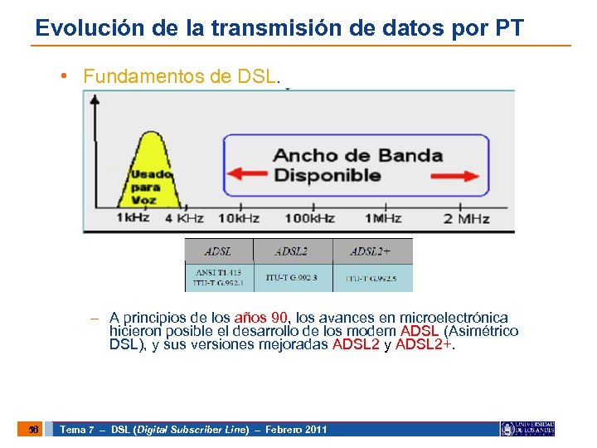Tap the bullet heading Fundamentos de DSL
pos(182,77)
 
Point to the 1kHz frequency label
pos(133,218)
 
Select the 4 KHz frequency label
pos(184,218)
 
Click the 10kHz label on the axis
pos(239,218)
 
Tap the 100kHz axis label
pos(308,218)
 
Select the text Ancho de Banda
pos(357,155)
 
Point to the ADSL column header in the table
pos(218,251)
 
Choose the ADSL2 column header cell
pos(292,251)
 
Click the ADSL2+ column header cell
pos(371,251)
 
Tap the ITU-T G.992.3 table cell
pos(292,277)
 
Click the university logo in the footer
pos(527,429)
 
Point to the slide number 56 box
pos(33,429)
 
